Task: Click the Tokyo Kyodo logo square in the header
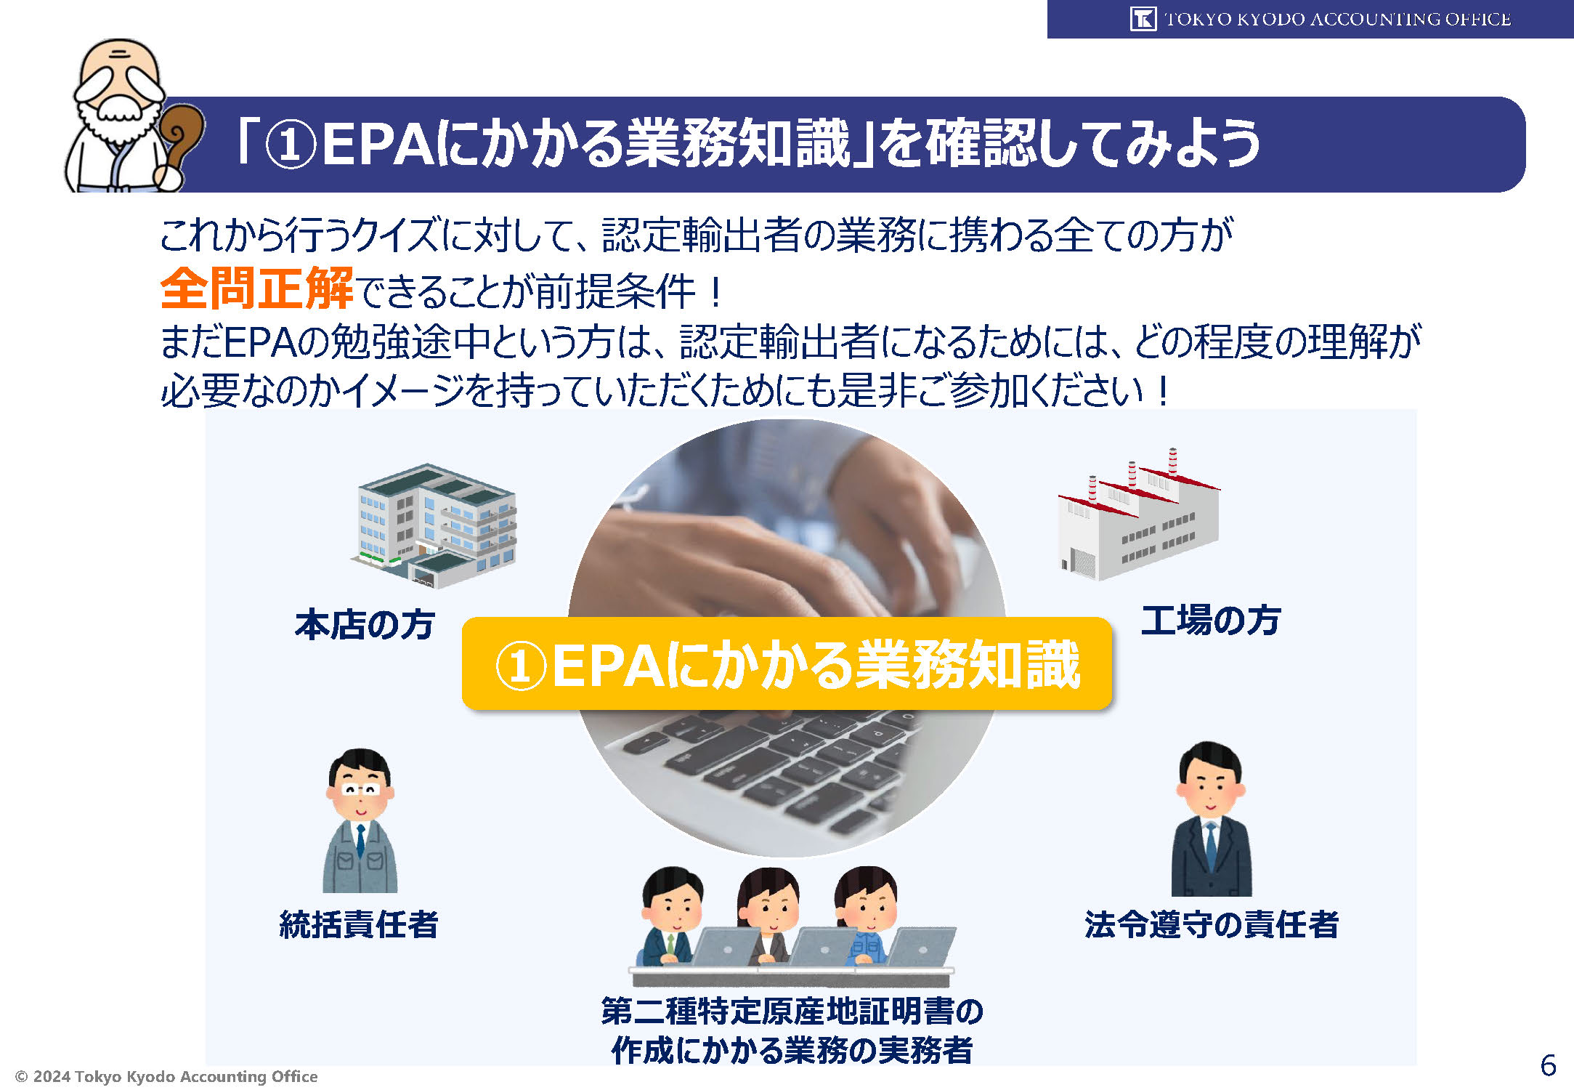tap(1143, 19)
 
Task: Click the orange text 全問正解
tap(256, 288)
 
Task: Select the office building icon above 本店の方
tap(434, 525)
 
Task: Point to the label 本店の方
tap(365, 625)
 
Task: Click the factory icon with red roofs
tap(1138, 514)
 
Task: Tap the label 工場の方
tap(1210, 621)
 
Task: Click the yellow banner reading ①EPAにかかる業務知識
tap(787, 663)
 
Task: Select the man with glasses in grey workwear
tap(360, 820)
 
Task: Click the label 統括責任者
tap(359, 924)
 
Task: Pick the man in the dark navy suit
tap(1211, 819)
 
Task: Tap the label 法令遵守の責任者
tap(1211, 924)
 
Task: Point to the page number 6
tap(1548, 1065)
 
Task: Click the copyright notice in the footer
tap(166, 1076)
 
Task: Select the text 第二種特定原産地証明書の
tap(792, 1011)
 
